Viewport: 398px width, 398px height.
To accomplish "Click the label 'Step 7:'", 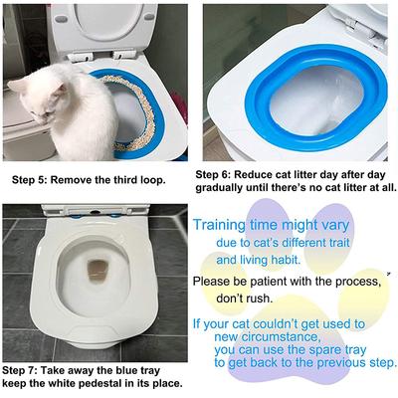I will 25,368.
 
